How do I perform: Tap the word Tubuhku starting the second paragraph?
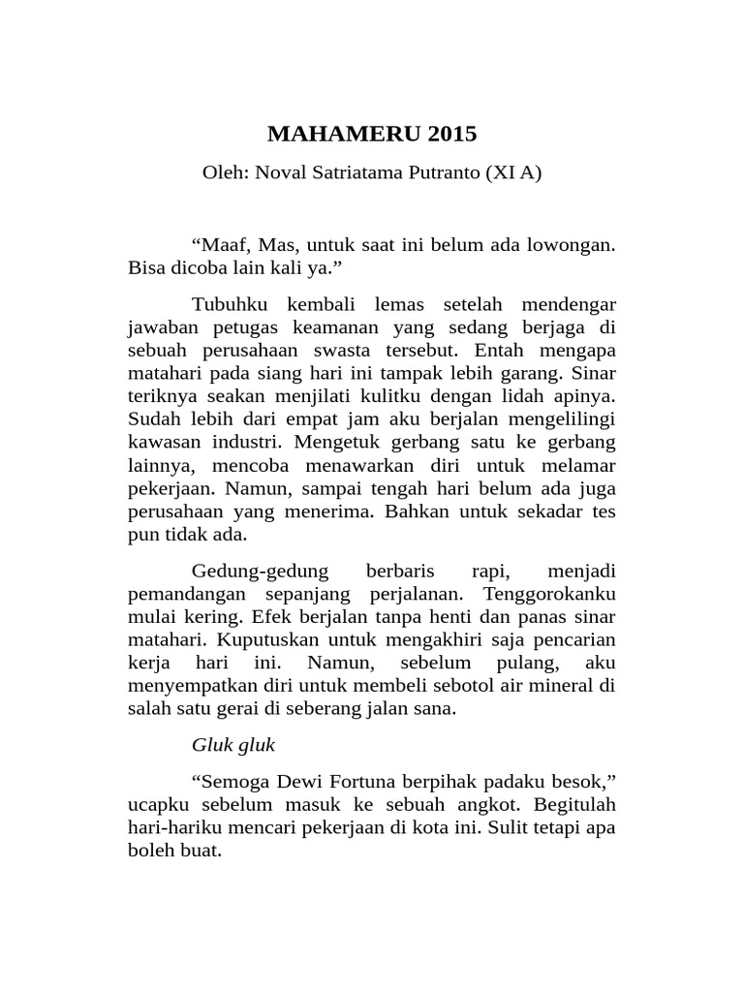pos(225,306)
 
